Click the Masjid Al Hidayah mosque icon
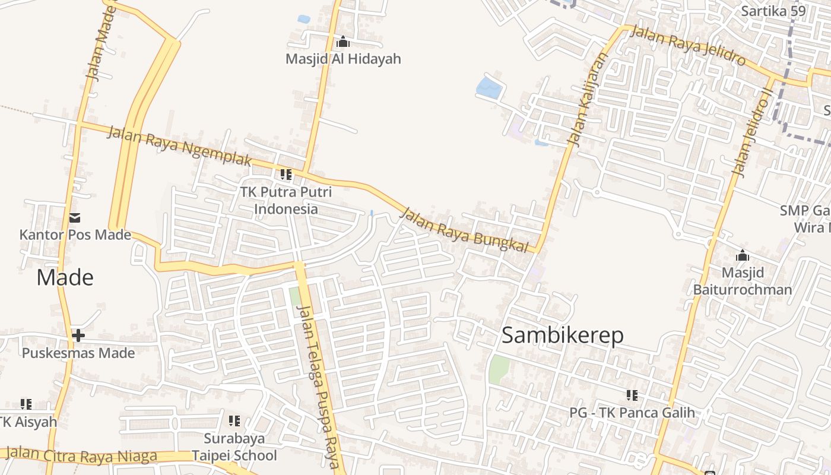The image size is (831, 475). (343, 42)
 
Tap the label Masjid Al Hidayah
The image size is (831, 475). (343, 59)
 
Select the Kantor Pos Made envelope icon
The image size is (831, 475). (75, 218)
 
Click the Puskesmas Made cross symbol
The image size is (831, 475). (78, 335)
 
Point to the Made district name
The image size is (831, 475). (65, 277)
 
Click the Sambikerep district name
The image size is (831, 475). (562, 335)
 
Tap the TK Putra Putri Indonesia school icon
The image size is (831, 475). (286, 175)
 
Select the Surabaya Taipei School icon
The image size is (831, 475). (234, 421)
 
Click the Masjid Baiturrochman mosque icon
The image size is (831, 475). (742, 256)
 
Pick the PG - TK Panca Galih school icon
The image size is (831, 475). (632, 395)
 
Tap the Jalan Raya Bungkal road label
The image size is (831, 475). (464, 231)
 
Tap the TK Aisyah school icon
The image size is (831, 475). (26, 404)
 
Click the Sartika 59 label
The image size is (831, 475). (773, 11)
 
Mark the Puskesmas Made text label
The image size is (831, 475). (78, 353)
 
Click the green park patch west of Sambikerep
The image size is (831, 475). (499, 369)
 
